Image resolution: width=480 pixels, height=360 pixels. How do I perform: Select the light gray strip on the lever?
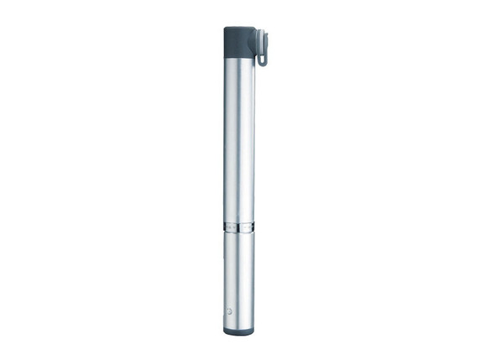tap(264, 42)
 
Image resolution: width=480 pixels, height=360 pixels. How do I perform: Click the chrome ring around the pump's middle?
tap(239, 226)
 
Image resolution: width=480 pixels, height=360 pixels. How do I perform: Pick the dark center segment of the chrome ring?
tap(240, 226)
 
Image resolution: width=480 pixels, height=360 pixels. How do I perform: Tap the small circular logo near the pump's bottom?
tap(232, 311)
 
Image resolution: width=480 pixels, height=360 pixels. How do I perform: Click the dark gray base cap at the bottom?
tap(239, 331)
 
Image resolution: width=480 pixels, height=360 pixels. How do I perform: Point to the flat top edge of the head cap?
tap(239, 28)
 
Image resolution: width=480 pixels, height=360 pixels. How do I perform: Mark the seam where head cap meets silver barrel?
tap(239, 55)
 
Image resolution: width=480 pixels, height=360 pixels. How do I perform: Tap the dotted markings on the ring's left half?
tap(231, 226)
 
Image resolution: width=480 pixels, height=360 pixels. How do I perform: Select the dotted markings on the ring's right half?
tap(248, 226)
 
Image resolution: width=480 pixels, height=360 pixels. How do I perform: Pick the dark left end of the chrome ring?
tap(225, 226)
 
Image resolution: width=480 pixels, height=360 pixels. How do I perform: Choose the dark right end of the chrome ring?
tap(254, 226)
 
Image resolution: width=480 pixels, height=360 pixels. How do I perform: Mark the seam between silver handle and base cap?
tap(239, 326)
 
